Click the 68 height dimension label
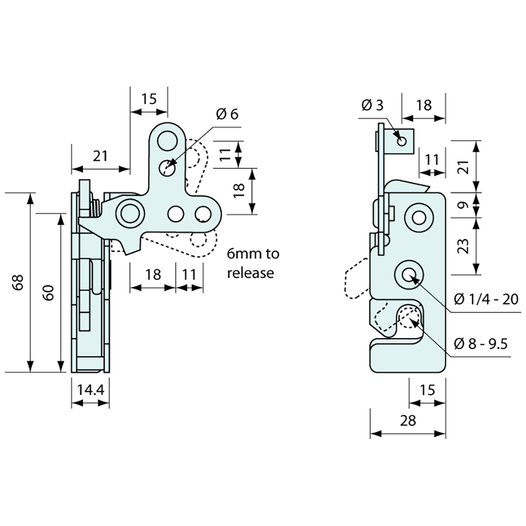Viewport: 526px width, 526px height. [x=18, y=283]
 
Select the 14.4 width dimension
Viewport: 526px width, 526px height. [x=90, y=390]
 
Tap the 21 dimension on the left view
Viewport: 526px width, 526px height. [x=100, y=155]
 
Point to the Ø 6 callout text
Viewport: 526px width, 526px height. [x=227, y=114]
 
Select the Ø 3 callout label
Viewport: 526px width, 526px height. [x=373, y=105]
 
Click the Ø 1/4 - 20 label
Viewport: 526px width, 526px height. [x=486, y=300]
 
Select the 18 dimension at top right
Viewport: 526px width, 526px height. [x=423, y=105]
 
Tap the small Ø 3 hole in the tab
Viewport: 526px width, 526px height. [x=401, y=141]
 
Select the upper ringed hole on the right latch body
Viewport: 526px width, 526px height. [x=419, y=218]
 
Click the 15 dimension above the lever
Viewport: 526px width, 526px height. [x=149, y=99]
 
